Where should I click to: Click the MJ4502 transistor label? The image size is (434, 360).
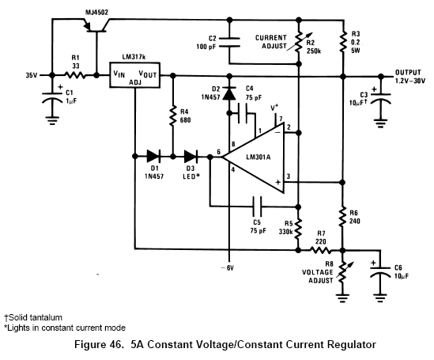pyautogui.click(x=97, y=13)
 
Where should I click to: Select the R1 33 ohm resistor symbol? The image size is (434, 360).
pyautogui.click(x=75, y=75)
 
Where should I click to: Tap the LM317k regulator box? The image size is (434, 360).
pyautogui.click(x=135, y=75)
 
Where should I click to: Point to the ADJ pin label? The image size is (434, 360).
pyautogui.click(x=135, y=82)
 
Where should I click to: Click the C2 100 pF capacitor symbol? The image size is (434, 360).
pyautogui.click(x=229, y=42)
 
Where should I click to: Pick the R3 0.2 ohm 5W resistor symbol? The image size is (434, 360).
pyautogui.click(x=343, y=42)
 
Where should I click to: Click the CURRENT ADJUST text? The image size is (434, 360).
pyautogui.click(x=271, y=42)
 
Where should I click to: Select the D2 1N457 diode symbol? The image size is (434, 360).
pyautogui.click(x=229, y=93)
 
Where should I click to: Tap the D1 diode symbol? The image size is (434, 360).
pyautogui.click(x=153, y=157)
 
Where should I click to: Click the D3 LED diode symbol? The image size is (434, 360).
pyautogui.click(x=191, y=157)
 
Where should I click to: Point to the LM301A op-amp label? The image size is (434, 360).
pyautogui.click(x=259, y=157)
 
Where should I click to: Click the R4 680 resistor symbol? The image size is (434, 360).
pyautogui.click(x=172, y=116)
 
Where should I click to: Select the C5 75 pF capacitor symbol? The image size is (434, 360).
pyautogui.click(x=257, y=207)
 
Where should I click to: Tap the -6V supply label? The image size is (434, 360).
pyautogui.click(x=227, y=268)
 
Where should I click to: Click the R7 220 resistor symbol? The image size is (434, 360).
pyautogui.click(x=320, y=250)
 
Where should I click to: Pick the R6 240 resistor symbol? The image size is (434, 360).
pyautogui.click(x=342, y=217)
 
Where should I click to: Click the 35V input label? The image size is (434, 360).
pyautogui.click(x=32, y=75)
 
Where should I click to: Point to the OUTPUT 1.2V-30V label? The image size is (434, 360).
pyautogui.click(x=410, y=77)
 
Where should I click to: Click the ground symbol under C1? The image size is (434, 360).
pyautogui.click(x=52, y=120)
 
